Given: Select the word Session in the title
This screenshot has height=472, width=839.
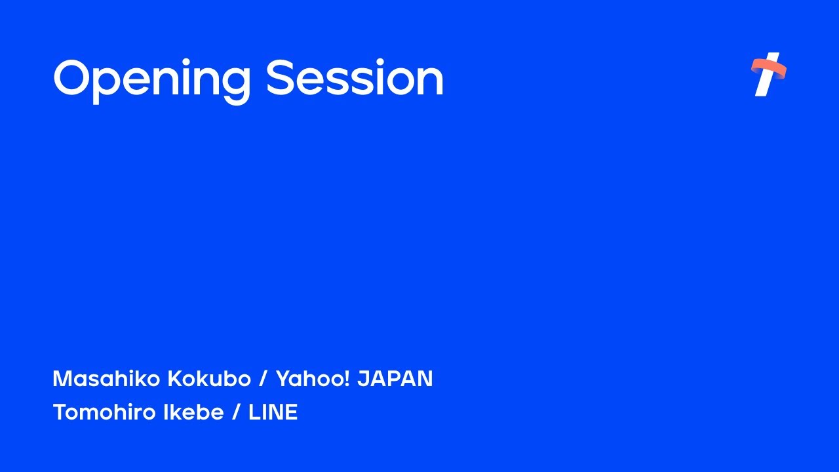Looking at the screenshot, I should coord(355,79).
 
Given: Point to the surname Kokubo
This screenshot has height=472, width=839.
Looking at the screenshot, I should coord(209,379).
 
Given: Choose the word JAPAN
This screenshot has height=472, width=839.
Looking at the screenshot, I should coord(395,379).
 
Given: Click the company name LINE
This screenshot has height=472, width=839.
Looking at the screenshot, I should coord(273,412).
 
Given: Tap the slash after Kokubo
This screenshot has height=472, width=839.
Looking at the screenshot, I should coord(263,379).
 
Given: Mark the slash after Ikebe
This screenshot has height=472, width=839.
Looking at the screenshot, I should coord(236,412).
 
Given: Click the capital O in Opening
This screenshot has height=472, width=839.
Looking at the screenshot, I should coord(77,79).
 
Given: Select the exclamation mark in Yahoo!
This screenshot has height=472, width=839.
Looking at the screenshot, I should coord(346,379).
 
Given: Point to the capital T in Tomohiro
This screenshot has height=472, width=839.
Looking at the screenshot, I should coord(59,412).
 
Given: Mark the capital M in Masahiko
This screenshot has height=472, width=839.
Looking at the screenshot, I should coord(62,379).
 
